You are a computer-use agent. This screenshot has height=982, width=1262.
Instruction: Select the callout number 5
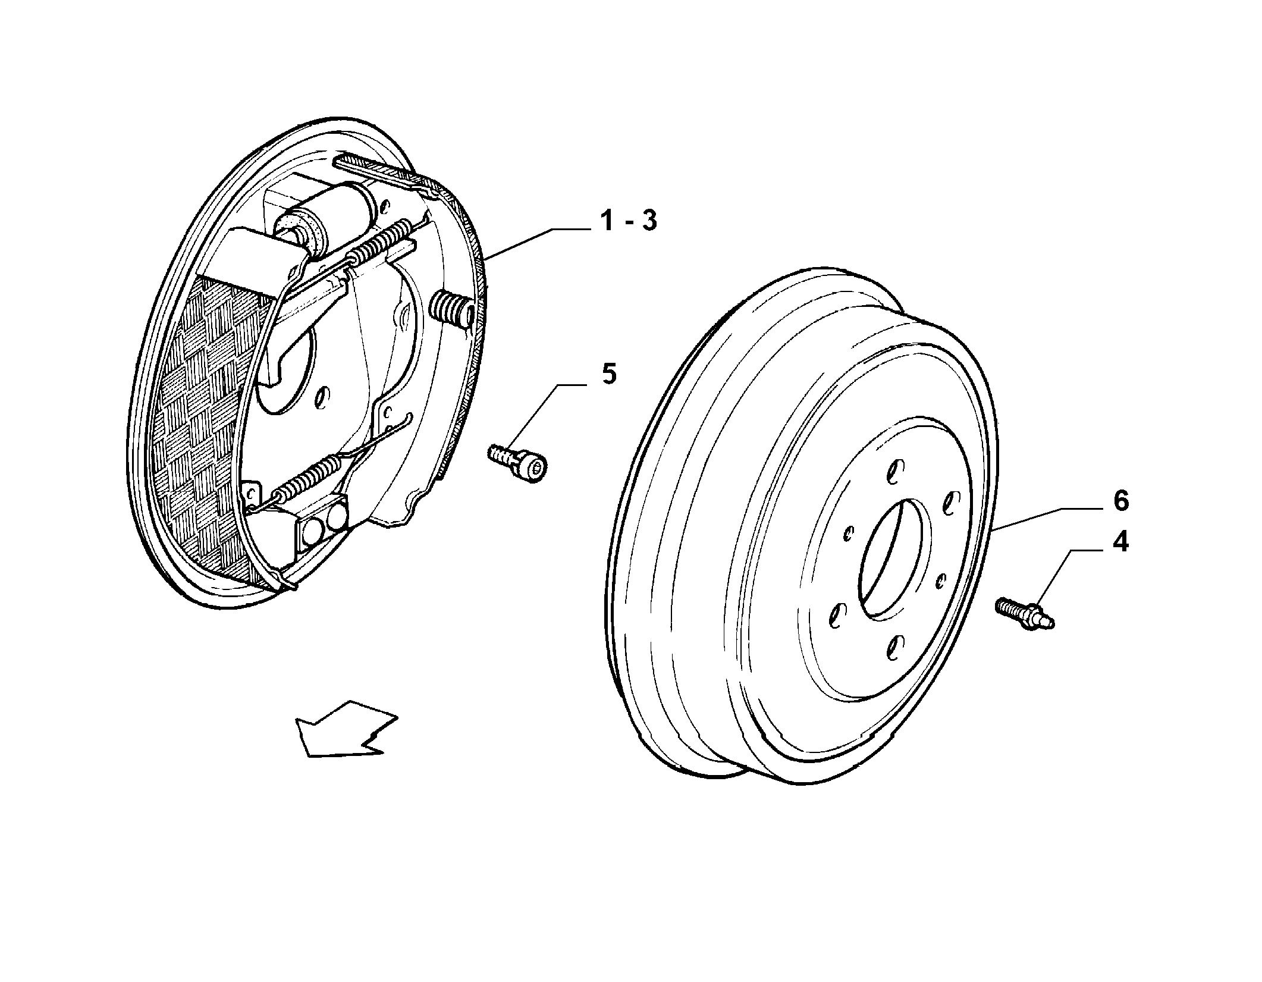point(609,375)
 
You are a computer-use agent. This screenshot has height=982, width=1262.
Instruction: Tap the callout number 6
point(1121,501)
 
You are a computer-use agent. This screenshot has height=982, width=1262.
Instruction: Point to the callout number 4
point(1120,542)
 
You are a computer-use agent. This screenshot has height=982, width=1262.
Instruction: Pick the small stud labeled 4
point(1025,614)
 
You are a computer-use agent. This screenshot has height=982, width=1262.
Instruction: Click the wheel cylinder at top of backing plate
point(321,221)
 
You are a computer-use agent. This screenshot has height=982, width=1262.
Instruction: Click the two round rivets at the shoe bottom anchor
point(325,524)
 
